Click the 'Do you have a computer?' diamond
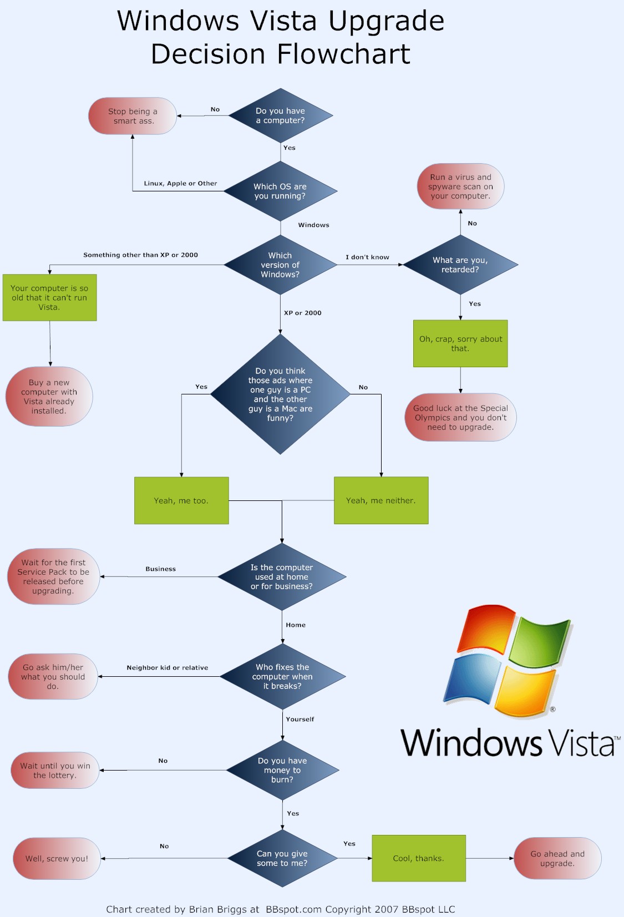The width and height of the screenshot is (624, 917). [x=281, y=116]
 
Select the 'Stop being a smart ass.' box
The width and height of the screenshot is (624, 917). [x=133, y=116]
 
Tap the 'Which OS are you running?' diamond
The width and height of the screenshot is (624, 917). [x=281, y=191]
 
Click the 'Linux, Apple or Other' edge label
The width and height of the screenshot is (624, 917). [x=180, y=184]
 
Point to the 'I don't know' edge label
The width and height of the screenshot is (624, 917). [x=367, y=257]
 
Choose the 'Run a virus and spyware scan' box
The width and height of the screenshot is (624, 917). [x=460, y=186]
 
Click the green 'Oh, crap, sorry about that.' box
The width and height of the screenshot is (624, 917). [x=460, y=343]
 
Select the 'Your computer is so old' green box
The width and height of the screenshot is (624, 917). [x=50, y=298]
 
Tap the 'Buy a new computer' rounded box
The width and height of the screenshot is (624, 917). [x=49, y=397]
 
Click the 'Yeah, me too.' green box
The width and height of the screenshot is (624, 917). [x=181, y=500]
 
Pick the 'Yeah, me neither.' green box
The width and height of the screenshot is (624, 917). [x=381, y=500]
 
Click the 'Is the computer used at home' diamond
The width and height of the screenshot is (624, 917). [x=282, y=577]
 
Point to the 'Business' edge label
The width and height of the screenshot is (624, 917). [x=161, y=569]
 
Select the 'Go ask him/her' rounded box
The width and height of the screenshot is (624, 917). [x=53, y=677]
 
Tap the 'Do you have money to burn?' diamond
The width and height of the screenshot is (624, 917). [x=282, y=770]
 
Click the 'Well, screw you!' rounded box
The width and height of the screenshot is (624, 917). [x=57, y=859]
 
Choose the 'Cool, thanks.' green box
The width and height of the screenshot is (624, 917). [x=419, y=858]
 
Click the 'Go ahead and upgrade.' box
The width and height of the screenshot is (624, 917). [x=557, y=859]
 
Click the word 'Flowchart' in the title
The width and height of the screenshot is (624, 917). [x=343, y=54]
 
